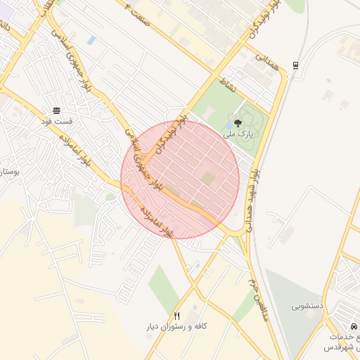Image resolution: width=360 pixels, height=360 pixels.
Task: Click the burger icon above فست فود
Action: [x=56, y=110]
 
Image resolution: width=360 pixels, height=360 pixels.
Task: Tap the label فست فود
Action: [x=56, y=122]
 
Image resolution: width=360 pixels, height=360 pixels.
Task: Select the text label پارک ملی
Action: [x=238, y=133]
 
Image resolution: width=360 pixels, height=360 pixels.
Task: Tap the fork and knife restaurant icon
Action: [x=176, y=316]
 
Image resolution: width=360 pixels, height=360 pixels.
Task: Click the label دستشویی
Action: [x=307, y=307]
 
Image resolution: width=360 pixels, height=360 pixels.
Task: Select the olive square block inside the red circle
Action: [x=208, y=179]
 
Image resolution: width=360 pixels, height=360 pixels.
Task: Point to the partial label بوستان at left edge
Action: [x=8, y=171]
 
